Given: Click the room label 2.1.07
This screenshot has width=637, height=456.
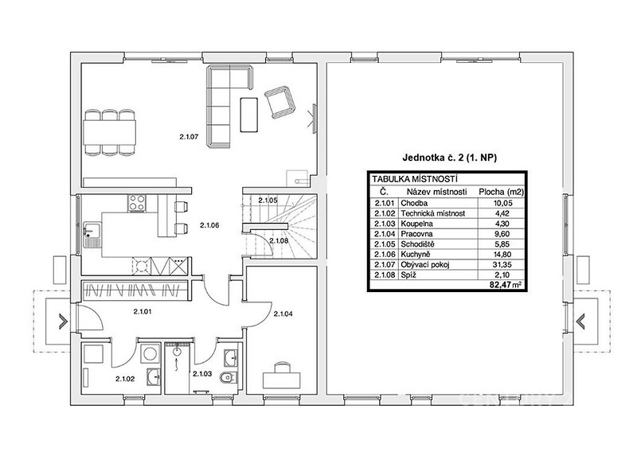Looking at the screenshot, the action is [189, 137].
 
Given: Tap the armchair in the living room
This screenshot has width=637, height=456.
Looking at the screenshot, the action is [279, 101].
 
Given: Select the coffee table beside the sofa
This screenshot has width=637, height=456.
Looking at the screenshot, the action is [248, 115].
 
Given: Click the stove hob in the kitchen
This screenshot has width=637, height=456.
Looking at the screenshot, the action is [137, 203].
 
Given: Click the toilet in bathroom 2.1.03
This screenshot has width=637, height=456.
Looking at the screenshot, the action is [227, 378].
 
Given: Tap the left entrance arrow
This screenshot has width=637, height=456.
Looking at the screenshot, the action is [63, 322].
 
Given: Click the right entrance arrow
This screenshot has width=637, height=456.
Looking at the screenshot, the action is [580, 322].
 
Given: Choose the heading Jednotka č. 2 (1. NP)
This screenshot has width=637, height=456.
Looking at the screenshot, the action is [449, 158].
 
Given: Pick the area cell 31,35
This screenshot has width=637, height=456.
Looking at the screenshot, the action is [501, 264].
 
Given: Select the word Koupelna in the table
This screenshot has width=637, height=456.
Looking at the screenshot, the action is [416, 224].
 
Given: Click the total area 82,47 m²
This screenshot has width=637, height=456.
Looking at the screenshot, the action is [506, 285].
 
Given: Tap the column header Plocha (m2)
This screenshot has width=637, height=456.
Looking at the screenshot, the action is [502, 192].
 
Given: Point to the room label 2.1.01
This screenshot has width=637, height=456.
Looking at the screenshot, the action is [143, 311].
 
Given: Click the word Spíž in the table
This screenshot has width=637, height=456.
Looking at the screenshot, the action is [408, 275].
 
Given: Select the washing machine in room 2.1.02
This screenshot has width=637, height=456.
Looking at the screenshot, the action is [150, 354].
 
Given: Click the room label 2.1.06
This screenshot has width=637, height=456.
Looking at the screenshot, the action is [209, 225].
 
